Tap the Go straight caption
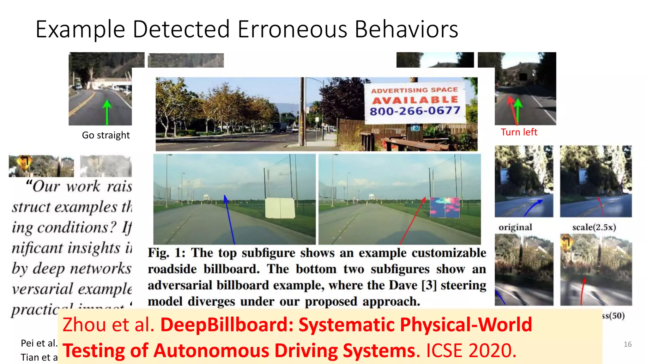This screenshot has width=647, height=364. tap(106, 135)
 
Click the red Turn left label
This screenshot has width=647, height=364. tap(519, 132)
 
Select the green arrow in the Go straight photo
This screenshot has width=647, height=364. tap(107, 112)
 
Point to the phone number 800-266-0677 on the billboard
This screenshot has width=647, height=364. tap(415, 111)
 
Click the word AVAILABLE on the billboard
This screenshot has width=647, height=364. tap(415, 100)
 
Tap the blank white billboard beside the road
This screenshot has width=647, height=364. tap(280, 208)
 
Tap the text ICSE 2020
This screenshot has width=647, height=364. tap(471, 350)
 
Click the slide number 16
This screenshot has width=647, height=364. tap(627, 344)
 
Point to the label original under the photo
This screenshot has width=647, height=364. tap(515, 227)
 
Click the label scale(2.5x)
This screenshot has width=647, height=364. tap(594, 227)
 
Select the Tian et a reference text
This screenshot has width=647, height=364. tap(39, 357)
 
